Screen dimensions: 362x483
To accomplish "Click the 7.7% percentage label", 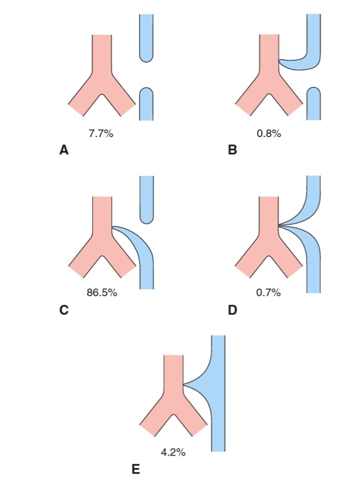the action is [x=101, y=134].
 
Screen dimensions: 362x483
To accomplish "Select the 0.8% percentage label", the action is [x=269, y=134].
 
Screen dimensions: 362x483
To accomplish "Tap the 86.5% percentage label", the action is [x=102, y=293].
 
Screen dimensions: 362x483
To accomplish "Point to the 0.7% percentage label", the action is [x=269, y=293].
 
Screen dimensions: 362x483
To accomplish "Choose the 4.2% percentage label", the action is [x=173, y=452].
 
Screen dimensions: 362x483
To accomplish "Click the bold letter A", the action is [x=64, y=150].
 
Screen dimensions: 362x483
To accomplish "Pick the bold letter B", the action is [x=233, y=150].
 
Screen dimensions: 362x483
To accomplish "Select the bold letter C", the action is [x=64, y=309].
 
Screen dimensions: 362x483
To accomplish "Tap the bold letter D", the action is [x=233, y=309].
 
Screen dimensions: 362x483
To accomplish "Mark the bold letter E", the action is [x=136, y=469].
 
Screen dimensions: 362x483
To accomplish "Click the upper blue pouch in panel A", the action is [x=146, y=38].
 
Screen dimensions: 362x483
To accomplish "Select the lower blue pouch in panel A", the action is [x=146, y=104].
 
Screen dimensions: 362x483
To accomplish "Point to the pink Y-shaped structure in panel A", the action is [x=102, y=77].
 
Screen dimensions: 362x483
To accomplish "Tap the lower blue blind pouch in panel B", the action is [x=314, y=103].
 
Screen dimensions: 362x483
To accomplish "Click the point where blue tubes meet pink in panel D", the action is [x=279, y=226].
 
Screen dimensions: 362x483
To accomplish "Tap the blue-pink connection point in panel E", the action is [x=184, y=384].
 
